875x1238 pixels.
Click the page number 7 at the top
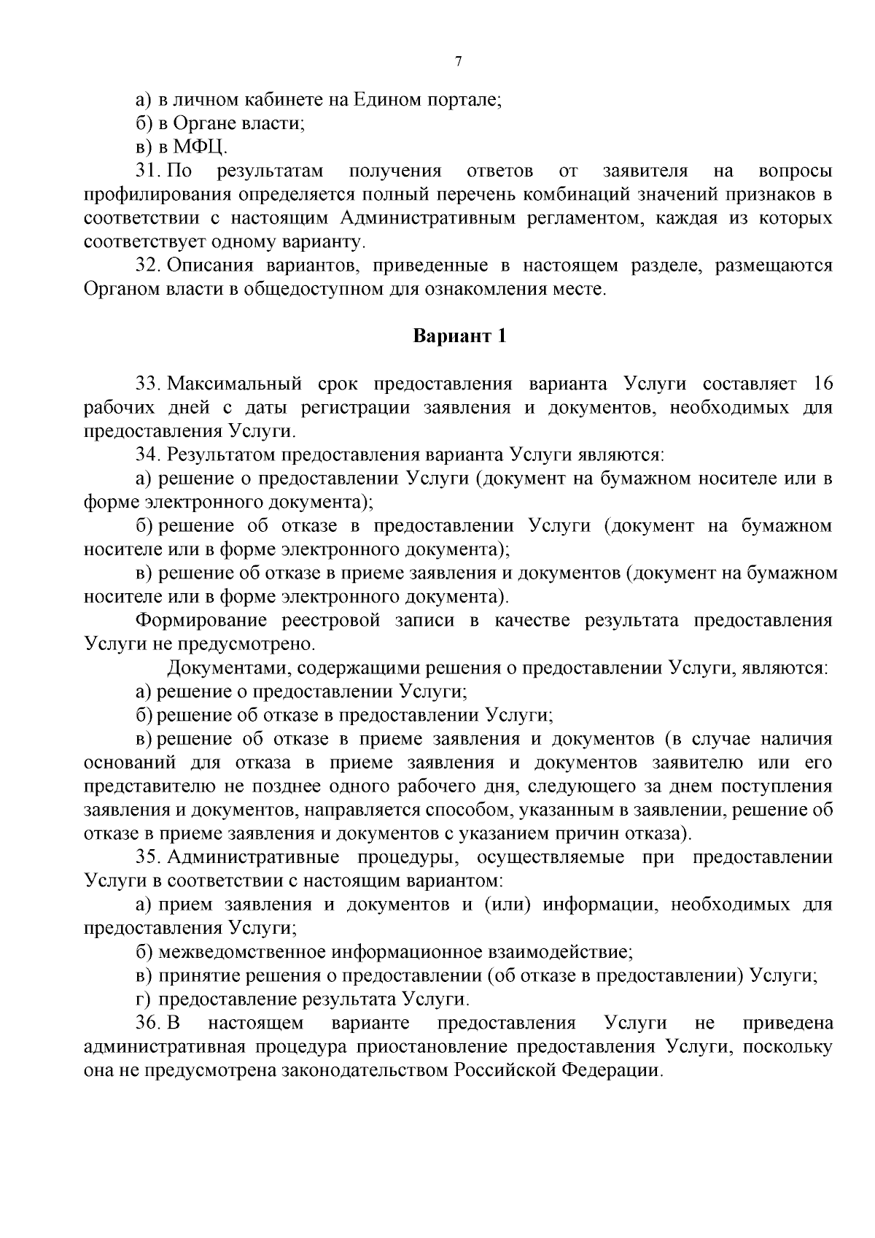(x=458, y=62)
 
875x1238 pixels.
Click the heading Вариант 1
(x=459, y=336)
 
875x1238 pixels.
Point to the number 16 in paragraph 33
(x=822, y=384)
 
